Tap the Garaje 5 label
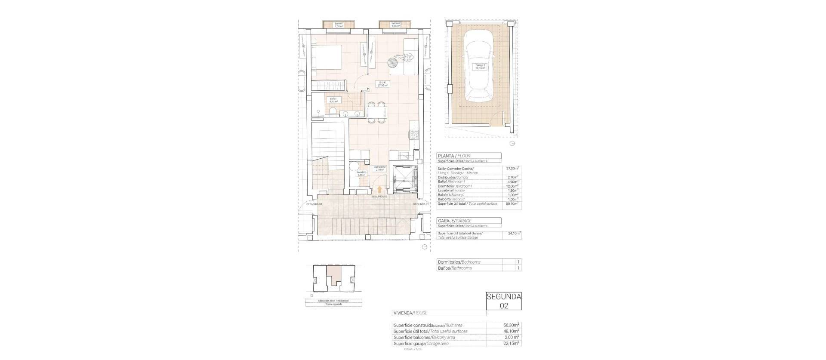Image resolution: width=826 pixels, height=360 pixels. tap(480, 67)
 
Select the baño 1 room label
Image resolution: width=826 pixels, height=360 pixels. tap(333, 100)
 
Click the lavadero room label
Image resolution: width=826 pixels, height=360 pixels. tap(361, 174)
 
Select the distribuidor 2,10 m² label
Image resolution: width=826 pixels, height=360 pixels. tap(379, 168)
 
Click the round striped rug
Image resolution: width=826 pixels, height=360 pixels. tap(392, 63)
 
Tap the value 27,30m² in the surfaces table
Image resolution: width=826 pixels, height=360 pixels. tap(512, 168)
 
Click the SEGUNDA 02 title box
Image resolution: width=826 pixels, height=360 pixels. tap(504, 301)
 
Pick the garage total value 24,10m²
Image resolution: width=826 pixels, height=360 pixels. tap(512, 234)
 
